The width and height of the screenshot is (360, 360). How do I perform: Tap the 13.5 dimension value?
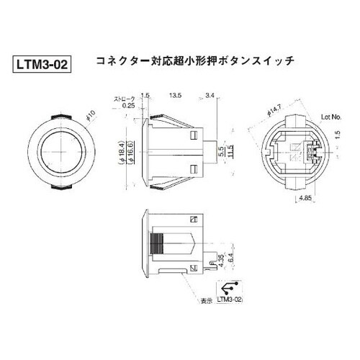174,94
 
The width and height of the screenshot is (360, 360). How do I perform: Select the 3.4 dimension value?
210,94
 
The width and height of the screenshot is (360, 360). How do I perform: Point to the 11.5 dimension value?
230,152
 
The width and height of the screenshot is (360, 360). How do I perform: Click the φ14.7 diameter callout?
272,111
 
